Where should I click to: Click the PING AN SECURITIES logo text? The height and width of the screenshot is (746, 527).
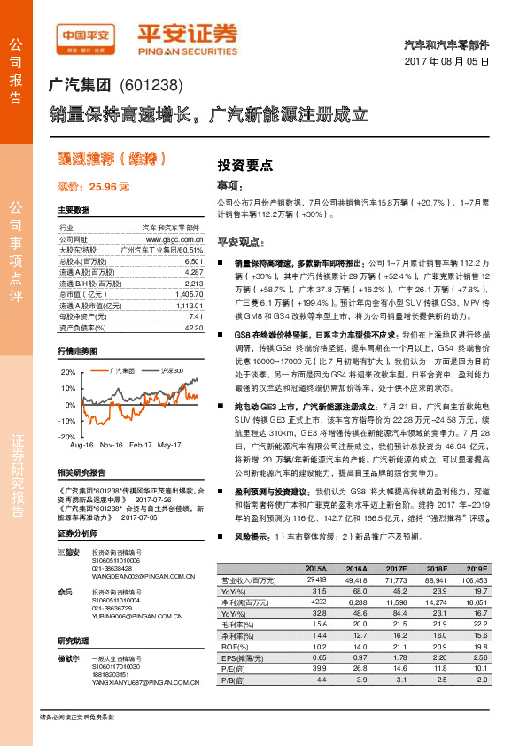[188, 51]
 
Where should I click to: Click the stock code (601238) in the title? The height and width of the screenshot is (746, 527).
[151, 87]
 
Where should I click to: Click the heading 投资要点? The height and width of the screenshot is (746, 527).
[244, 165]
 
